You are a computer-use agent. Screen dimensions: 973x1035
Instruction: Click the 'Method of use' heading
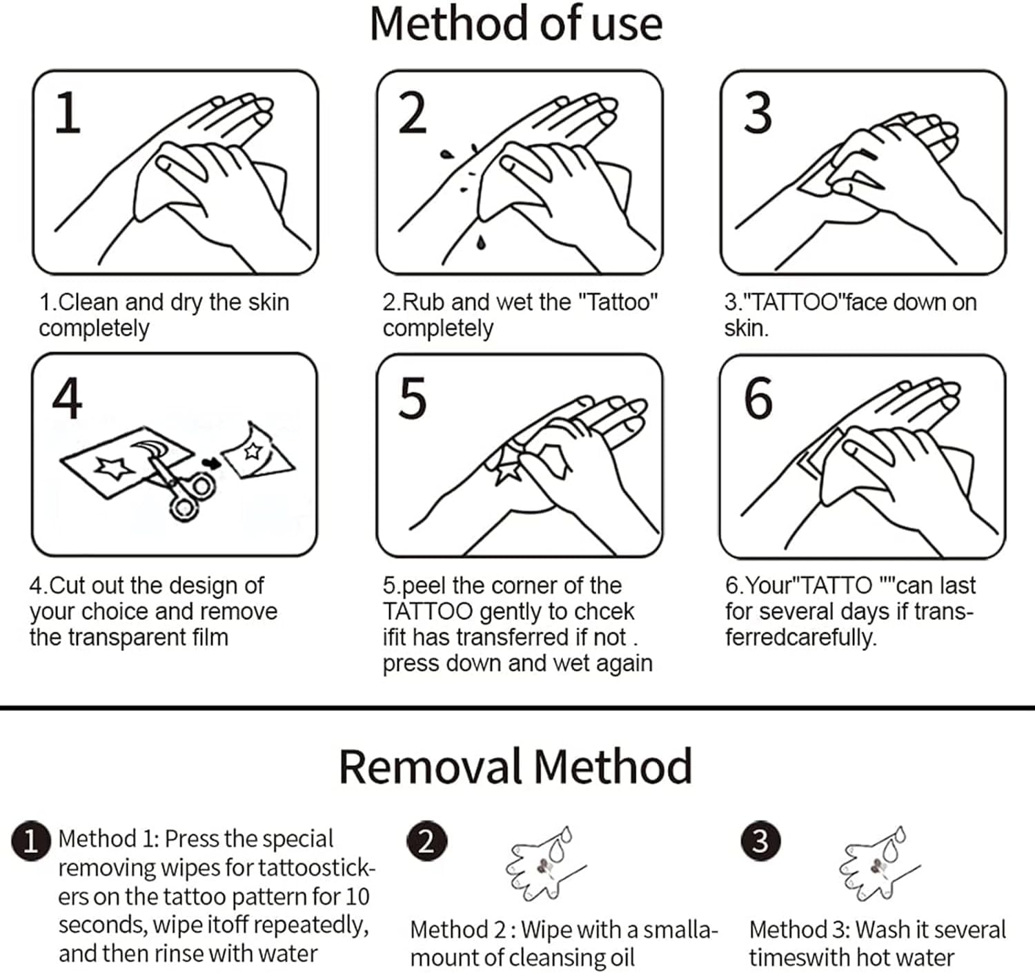pos(516,24)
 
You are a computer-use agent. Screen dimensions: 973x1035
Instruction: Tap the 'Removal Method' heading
pos(515,766)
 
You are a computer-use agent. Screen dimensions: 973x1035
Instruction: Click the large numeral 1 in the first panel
pos(68,112)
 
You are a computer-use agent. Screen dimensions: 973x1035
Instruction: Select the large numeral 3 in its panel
pos(758,112)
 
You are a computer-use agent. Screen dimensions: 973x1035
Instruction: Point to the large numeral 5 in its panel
pos(413,398)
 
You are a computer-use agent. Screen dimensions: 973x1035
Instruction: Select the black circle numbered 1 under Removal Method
pos(30,841)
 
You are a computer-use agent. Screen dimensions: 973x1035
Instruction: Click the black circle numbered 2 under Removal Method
pos(426,841)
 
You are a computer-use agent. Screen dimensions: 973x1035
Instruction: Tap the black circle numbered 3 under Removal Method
pos(760,841)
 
